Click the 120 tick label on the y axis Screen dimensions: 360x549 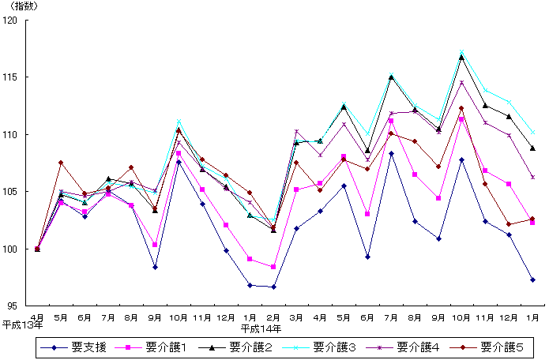(12, 20)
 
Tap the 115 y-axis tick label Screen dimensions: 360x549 (12, 77)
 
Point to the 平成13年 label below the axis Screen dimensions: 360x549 (22, 324)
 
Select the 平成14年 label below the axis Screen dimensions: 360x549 (261, 327)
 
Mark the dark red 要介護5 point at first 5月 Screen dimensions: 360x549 (61, 163)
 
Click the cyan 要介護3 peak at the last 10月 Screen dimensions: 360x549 (461, 52)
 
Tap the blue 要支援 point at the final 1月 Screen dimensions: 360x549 (532, 279)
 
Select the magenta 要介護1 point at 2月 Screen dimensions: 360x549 (273, 267)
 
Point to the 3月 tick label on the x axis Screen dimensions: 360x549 (296, 317)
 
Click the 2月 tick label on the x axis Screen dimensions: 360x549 (273, 317)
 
